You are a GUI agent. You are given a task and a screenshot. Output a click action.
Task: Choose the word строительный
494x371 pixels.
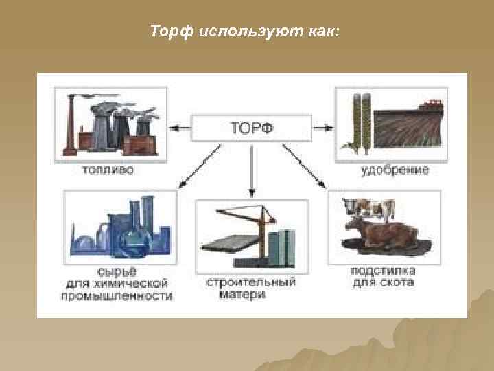pyautogui.click(x=250, y=282)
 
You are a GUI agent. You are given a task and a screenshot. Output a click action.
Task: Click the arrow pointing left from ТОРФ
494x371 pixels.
pyautogui.click(x=180, y=126)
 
